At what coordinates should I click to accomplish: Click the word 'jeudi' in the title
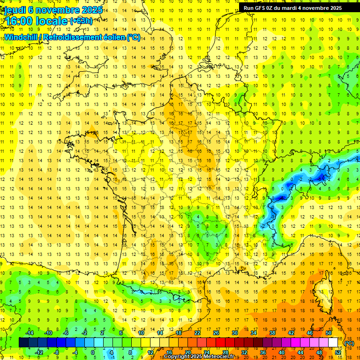coord(15,9)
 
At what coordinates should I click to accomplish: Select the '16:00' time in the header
coord(18,21)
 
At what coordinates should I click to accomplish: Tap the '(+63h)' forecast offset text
coord(81,21)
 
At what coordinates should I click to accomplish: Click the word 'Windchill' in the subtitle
coord(23,37)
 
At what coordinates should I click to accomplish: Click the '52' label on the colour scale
coord(338,352)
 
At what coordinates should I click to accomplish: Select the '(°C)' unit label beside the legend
coord(349,343)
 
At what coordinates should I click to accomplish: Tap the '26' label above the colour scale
coord(216,332)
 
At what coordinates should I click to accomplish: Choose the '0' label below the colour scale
coord(93,352)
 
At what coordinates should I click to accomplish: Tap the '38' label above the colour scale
coord(272,332)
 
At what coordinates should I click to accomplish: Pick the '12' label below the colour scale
coord(150,352)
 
